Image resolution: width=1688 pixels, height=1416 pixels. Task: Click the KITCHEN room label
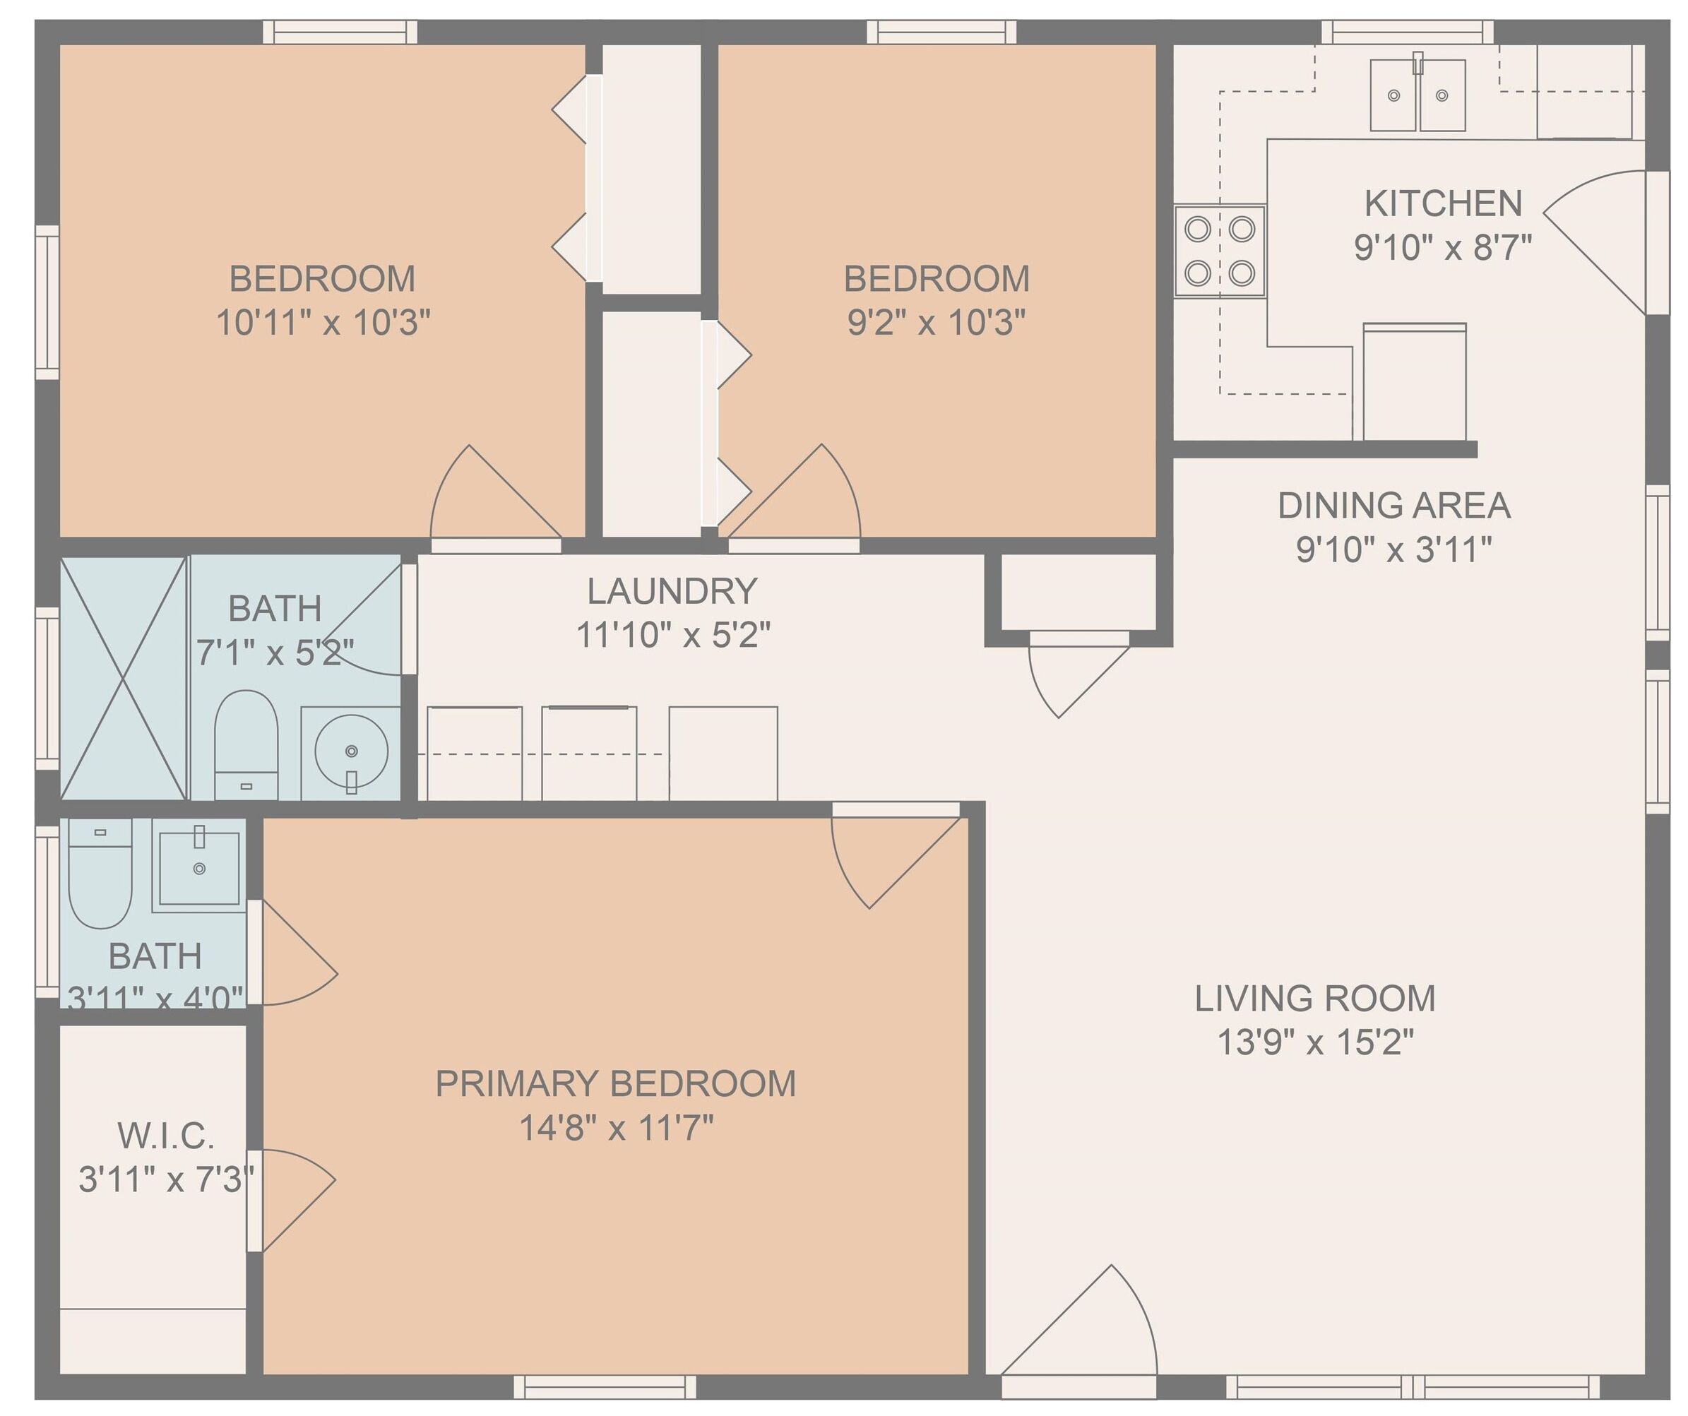click(x=1443, y=203)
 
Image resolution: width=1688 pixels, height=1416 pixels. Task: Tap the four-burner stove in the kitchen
click(x=1220, y=251)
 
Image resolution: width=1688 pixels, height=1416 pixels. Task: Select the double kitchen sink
click(x=1418, y=95)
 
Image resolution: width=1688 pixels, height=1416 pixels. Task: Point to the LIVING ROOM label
click(x=1315, y=998)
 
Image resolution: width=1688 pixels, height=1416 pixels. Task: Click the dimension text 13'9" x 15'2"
click(x=1315, y=1042)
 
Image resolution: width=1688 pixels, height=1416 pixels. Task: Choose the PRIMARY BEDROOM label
click(x=616, y=1083)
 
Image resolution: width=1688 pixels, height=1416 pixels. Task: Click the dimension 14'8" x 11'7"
click(x=617, y=1127)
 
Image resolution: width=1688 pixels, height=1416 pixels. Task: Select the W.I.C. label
click(x=167, y=1136)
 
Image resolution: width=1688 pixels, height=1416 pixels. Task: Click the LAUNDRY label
click(x=672, y=592)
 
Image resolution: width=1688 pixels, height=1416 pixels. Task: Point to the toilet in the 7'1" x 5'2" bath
click(x=246, y=744)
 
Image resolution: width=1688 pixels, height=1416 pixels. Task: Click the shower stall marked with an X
click(x=124, y=677)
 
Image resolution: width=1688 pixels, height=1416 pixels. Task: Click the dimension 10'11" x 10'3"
click(x=323, y=322)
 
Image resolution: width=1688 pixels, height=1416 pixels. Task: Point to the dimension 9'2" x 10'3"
click(x=937, y=322)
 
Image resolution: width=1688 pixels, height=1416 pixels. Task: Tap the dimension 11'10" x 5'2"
click(x=673, y=635)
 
